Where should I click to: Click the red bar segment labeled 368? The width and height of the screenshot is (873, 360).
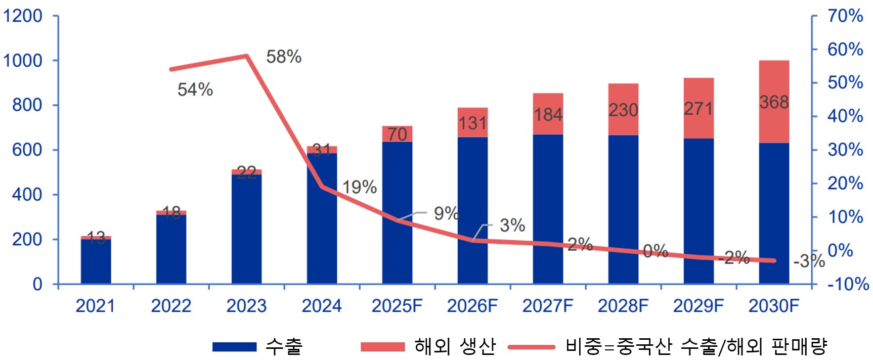pyautogui.click(x=774, y=102)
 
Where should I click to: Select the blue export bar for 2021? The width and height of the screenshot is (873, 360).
pyautogui.click(x=96, y=261)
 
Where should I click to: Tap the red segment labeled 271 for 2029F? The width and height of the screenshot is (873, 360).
pyautogui.click(x=699, y=108)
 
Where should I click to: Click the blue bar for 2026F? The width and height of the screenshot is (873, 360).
pyautogui.click(x=472, y=210)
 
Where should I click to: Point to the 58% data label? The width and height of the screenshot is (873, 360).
pyautogui.click(x=284, y=57)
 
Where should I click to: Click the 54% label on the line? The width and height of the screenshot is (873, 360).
pyautogui.click(x=195, y=89)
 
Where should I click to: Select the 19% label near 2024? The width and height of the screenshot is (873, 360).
pyautogui.click(x=360, y=187)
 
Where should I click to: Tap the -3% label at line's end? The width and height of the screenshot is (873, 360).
pyautogui.click(x=809, y=261)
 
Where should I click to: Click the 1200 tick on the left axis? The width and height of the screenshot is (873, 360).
pyautogui.click(x=23, y=16)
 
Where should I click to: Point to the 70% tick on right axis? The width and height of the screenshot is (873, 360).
pyautogui.click(x=845, y=16)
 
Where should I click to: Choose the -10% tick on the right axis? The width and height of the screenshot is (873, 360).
pyautogui.click(x=848, y=284)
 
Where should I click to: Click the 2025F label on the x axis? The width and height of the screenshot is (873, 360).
pyautogui.click(x=397, y=306)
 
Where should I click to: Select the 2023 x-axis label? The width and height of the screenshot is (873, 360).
pyautogui.click(x=246, y=306)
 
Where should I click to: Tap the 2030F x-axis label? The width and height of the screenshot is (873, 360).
pyautogui.click(x=774, y=306)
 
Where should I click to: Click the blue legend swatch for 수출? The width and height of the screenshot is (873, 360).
pyautogui.click(x=234, y=347)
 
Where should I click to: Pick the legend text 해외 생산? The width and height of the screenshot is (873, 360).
pyautogui.click(x=455, y=346)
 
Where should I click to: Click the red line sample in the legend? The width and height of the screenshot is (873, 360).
pyautogui.click(x=531, y=347)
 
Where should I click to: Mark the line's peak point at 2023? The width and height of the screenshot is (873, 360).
pyautogui.click(x=246, y=56)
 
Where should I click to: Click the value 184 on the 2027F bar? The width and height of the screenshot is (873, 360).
pyautogui.click(x=548, y=115)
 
